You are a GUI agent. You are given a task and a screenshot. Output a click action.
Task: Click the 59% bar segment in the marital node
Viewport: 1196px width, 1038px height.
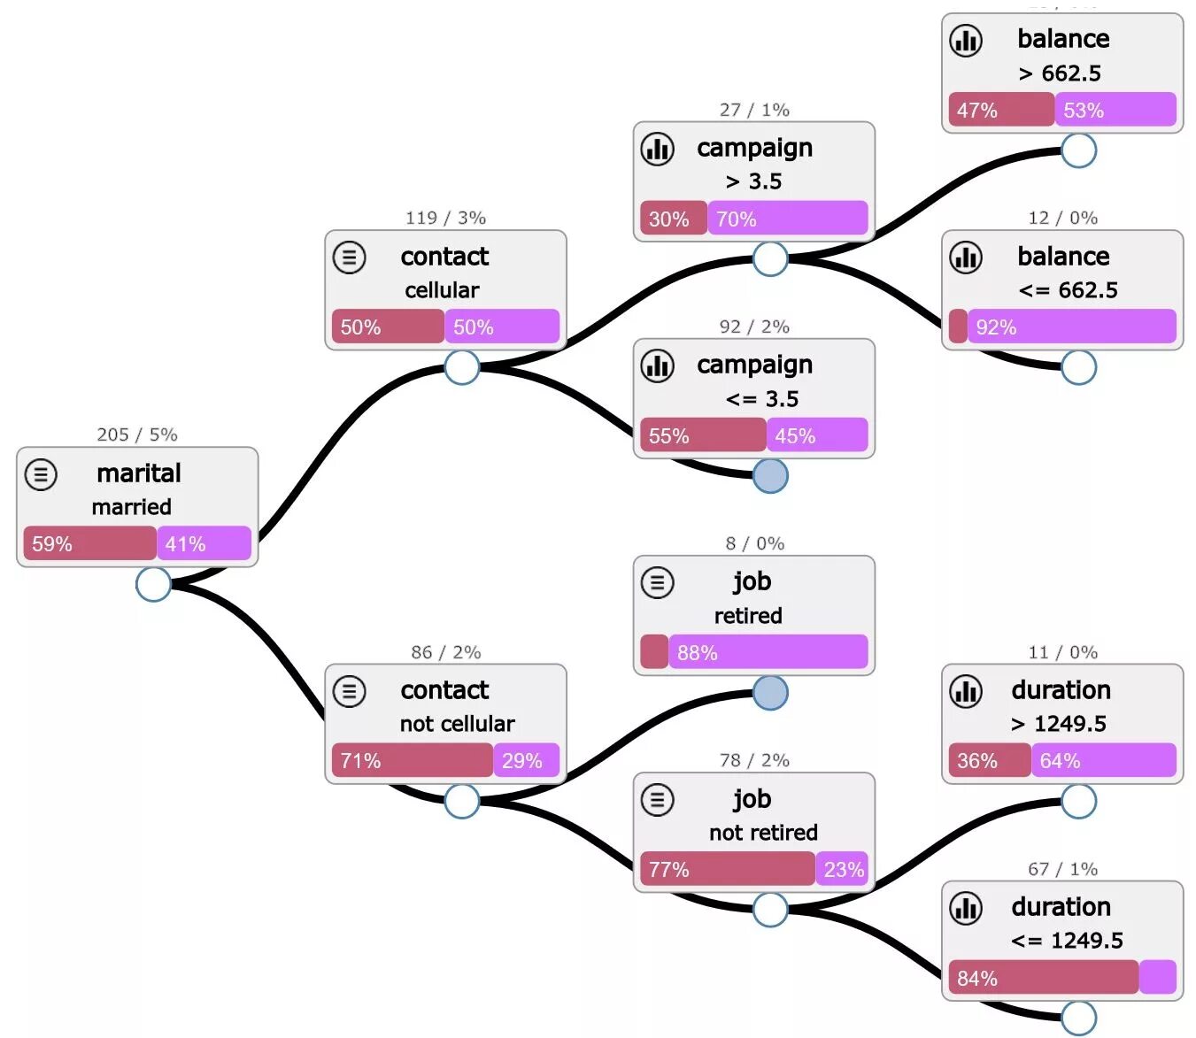89,543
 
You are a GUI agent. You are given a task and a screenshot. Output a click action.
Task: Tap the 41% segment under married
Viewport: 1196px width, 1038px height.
204,543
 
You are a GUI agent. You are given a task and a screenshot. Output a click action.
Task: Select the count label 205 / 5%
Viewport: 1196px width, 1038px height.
137,434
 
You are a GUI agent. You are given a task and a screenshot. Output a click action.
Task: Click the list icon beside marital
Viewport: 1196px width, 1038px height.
41,474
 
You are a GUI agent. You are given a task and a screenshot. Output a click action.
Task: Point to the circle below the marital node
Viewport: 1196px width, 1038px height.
153,584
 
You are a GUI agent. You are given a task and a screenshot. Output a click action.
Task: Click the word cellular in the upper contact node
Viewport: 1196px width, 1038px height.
442,290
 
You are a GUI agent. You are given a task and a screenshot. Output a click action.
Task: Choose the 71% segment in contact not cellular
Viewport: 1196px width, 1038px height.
412,760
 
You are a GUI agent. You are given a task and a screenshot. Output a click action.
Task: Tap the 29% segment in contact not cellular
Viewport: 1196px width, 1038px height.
527,760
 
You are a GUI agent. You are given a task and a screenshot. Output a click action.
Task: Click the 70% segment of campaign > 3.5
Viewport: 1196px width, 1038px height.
787,219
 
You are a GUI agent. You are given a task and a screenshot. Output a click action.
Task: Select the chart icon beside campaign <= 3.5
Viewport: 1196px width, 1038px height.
658,365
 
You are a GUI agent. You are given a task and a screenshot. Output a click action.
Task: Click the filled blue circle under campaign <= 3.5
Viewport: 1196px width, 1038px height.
770,476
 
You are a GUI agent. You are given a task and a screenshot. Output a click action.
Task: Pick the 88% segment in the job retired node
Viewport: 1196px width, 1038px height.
768,652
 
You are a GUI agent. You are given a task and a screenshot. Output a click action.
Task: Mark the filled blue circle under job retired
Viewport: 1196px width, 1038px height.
770,693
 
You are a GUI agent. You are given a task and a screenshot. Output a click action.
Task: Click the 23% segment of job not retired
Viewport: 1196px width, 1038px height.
843,869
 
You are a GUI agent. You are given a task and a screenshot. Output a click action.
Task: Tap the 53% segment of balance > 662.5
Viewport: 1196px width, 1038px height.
1115,110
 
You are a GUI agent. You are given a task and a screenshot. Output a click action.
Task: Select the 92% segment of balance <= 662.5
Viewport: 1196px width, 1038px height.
1071,327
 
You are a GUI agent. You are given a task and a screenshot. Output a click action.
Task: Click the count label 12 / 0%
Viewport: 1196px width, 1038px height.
1062,218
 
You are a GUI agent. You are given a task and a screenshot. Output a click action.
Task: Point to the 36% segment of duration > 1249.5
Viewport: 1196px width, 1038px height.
989,760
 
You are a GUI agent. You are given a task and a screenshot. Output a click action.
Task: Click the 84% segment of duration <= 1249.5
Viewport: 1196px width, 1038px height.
1043,978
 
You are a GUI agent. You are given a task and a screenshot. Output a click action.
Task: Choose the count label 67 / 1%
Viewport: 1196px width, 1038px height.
1062,869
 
